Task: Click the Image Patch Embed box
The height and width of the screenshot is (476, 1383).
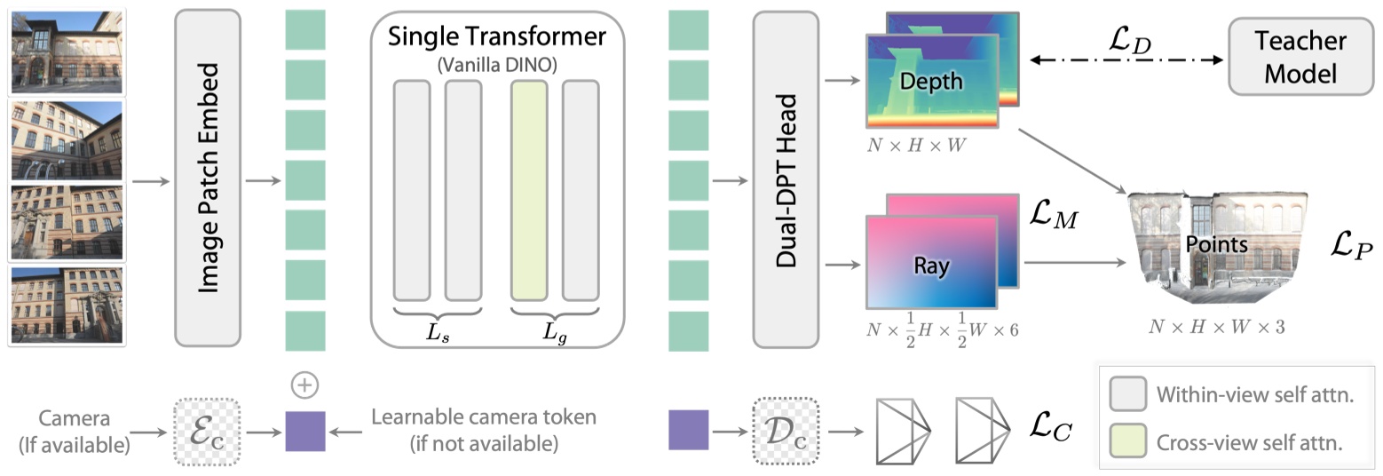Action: pyautogui.click(x=207, y=178)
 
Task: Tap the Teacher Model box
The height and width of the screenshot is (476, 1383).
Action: pyautogui.click(x=1300, y=56)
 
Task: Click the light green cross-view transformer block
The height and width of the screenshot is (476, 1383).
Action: pyautogui.click(x=528, y=190)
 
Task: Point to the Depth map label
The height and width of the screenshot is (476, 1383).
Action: pyautogui.click(x=930, y=82)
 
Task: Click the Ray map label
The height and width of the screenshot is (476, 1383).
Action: pyautogui.click(x=931, y=265)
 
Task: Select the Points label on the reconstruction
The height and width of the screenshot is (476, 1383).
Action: pyautogui.click(x=1216, y=244)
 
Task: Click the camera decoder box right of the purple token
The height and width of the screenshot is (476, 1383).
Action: pyautogui.click(x=786, y=431)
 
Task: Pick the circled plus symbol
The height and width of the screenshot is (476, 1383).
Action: pyautogui.click(x=304, y=385)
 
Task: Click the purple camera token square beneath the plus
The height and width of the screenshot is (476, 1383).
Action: pyautogui.click(x=304, y=431)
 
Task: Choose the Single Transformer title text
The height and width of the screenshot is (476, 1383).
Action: pyautogui.click(x=496, y=36)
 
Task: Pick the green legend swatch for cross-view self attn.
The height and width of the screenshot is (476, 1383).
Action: pyautogui.click(x=1126, y=440)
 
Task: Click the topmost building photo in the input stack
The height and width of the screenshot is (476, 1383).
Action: pyautogui.click(x=67, y=51)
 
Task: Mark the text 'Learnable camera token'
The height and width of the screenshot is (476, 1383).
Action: pyautogui.click(x=484, y=416)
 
